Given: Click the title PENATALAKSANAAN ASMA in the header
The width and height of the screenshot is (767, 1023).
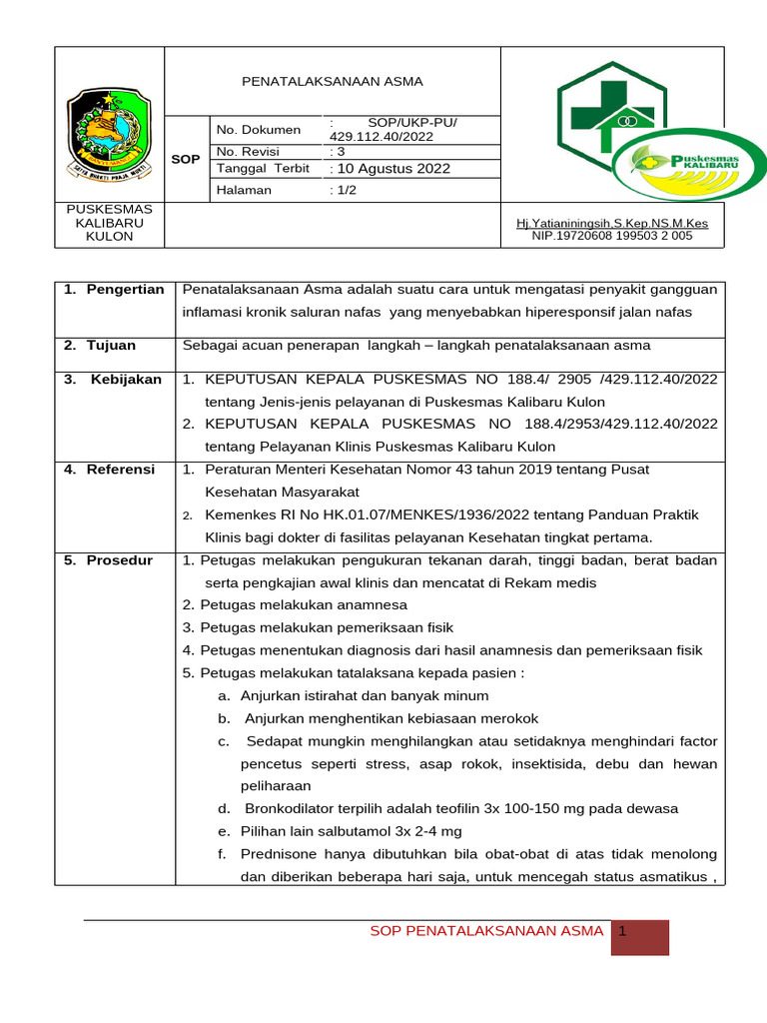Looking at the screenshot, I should [x=334, y=81].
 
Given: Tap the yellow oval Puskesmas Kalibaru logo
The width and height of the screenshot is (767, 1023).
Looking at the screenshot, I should [x=688, y=167].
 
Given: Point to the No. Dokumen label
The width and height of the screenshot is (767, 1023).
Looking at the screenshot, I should [x=259, y=130].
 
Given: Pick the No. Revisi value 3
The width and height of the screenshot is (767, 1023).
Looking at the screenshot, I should [x=337, y=151].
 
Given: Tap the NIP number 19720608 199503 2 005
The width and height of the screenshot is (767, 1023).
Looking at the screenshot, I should [x=612, y=236].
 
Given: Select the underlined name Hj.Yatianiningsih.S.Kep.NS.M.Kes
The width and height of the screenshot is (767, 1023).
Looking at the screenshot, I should [x=611, y=224].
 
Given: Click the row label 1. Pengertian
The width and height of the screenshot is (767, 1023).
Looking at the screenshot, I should [x=113, y=290].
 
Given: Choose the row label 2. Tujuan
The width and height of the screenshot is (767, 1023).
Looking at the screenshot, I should [x=99, y=346].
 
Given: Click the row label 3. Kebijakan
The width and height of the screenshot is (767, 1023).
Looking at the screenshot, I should [x=113, y=380].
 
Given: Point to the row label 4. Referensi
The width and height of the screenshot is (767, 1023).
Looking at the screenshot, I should [x=109, y=470].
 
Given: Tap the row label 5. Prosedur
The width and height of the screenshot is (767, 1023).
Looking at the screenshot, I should [x=108, y=560].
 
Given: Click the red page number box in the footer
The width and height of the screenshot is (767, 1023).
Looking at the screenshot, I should [x=640, y=937].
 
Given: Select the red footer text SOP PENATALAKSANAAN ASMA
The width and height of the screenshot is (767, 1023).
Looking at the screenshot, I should [x=486, y=931].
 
